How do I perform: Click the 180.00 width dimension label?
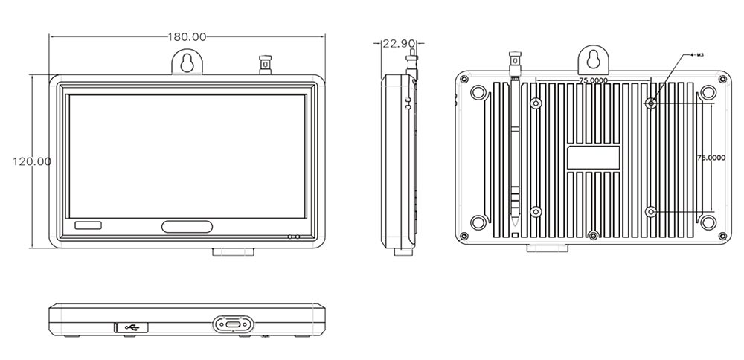[x=186, y=36]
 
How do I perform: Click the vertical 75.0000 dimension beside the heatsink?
[x=710, y=158]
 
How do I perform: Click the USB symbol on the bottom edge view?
[x=133, y=325]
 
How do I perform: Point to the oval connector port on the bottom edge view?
[x=233, y=325]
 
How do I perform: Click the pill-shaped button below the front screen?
[x=187, y=228]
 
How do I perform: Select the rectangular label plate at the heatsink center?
[x=594, y=158]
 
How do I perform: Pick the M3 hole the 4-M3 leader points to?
[x=651, y=103]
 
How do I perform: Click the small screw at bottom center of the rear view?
[x=592, y=236]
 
